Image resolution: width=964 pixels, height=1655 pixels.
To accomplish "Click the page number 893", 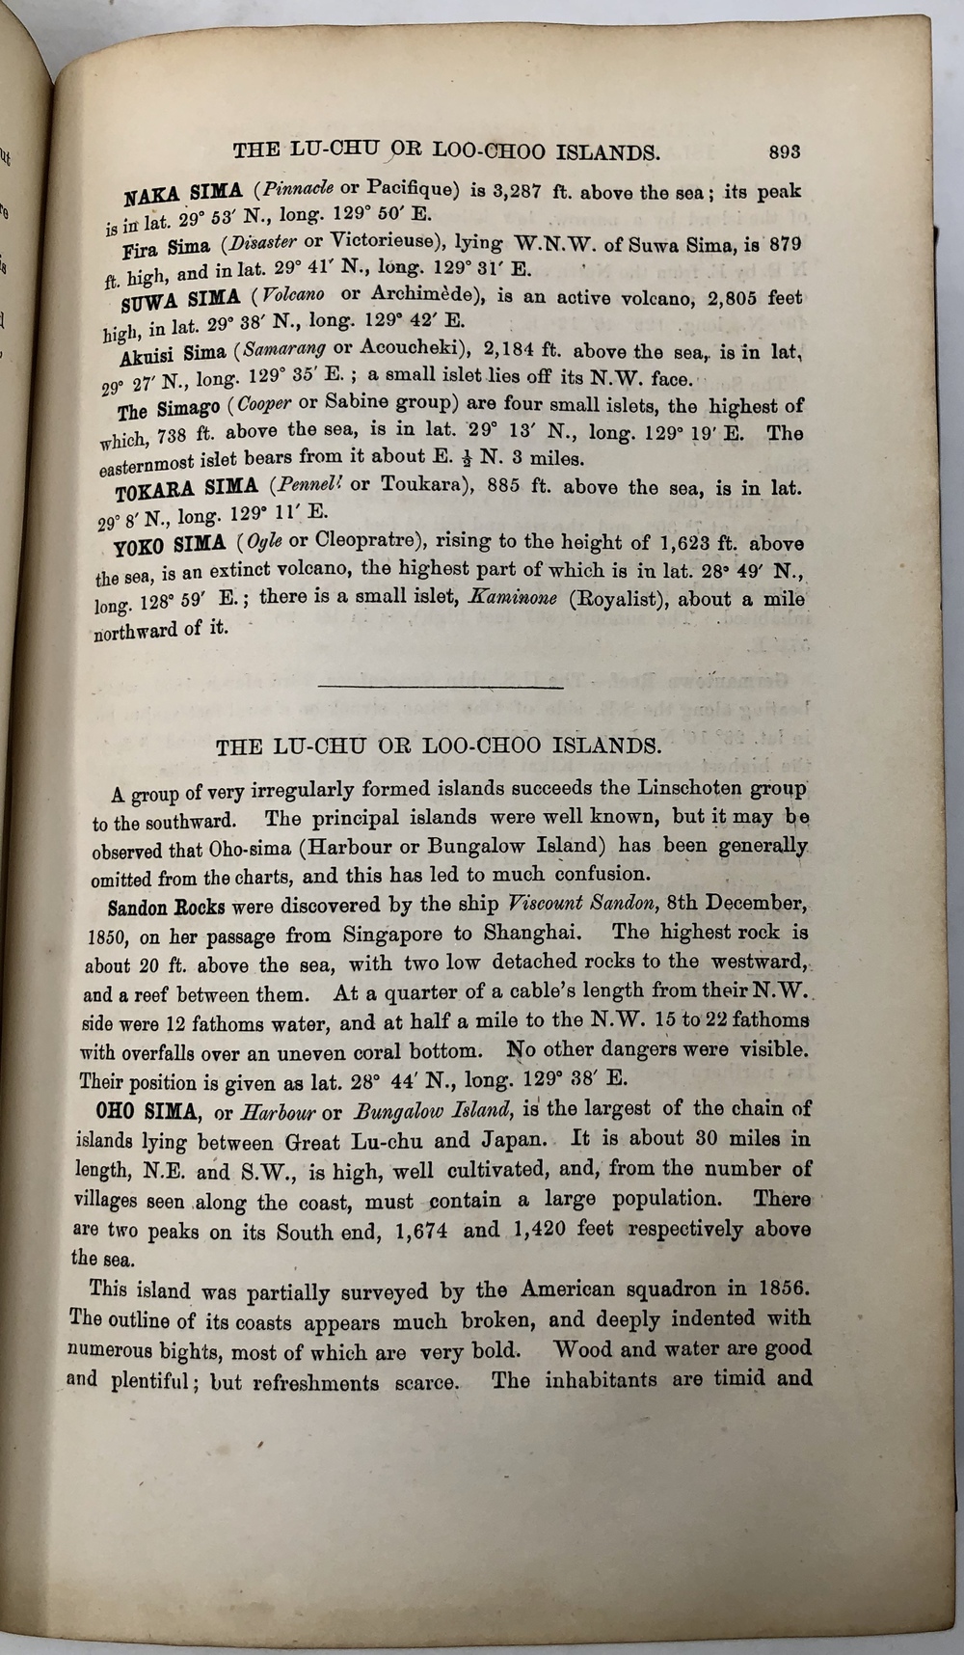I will [785, 150].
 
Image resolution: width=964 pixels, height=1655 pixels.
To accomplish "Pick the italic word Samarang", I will [283, 349].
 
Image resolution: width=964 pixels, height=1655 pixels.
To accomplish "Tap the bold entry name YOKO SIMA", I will [169, 545].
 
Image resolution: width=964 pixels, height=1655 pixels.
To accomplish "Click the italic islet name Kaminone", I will [512, 598].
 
